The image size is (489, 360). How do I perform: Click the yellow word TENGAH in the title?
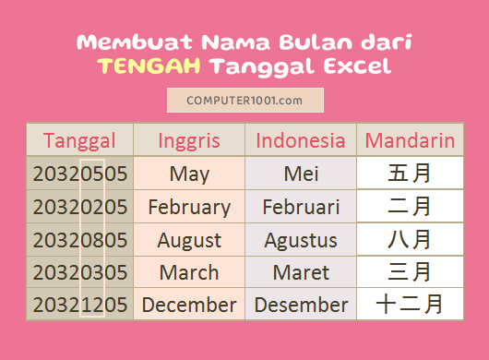[149, 66]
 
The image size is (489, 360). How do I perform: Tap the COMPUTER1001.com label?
[244, 100]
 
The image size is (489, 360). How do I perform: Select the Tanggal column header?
[79, 140]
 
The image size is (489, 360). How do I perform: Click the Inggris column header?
[189, 140]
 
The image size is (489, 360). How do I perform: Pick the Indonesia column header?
[301, 140]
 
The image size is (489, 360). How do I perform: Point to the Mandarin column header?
[410, 140]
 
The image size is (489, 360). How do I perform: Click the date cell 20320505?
[79, 174]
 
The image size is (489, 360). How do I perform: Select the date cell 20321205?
[79, 305]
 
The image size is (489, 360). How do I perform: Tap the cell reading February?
[189, 207]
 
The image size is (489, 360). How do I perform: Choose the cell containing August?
[189, 240]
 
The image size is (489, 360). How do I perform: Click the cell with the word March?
[189, 272]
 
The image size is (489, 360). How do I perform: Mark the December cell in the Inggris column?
[189, 305]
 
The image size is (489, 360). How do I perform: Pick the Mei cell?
[301, 174]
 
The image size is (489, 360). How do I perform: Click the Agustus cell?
[301, 240]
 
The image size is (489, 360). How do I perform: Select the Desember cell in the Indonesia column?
[301, 305]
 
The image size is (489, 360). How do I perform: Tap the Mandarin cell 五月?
[410, 174]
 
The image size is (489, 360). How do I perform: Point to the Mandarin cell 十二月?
[410, 305]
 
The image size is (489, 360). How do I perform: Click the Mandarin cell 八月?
[410, 240]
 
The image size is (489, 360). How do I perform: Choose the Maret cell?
[301, 272]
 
